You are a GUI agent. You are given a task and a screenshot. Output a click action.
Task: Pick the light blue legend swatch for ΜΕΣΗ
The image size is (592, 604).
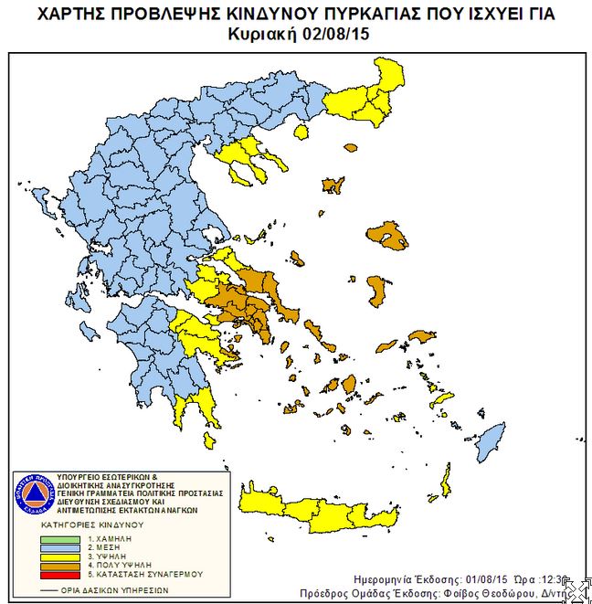click(x=58, y=549)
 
